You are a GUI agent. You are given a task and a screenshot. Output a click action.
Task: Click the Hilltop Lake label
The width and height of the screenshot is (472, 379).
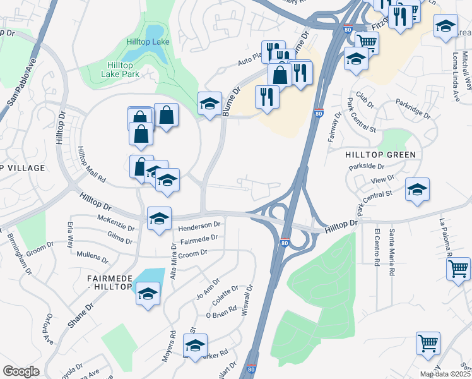147,42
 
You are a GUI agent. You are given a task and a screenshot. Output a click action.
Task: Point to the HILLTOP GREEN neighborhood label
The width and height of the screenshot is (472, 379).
381,155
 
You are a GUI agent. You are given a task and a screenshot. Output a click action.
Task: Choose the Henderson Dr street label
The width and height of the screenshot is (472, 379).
199,224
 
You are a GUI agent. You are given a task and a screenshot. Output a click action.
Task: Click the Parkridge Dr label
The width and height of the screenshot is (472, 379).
413,108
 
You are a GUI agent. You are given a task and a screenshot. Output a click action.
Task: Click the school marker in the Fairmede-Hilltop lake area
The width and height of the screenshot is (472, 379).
148,294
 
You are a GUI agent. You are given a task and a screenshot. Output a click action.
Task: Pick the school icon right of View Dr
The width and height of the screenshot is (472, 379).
417,189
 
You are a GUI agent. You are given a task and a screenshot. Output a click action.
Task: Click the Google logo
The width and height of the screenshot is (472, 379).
21,371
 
